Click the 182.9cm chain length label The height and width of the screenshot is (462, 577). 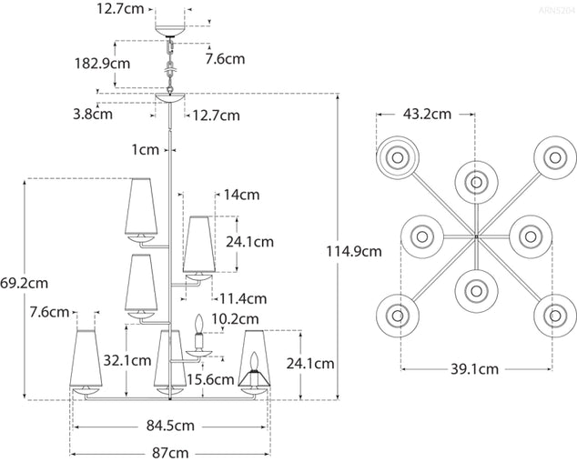pos(101,64)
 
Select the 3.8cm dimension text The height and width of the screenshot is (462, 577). pos(93,115)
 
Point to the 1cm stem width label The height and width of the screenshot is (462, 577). pos(144,148)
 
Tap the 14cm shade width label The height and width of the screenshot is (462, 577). pos(241,195)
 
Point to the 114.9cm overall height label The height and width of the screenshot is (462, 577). pos(354,249)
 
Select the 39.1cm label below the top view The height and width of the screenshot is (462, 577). pos(475,369)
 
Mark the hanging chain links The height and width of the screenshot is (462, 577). pos(169,64)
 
